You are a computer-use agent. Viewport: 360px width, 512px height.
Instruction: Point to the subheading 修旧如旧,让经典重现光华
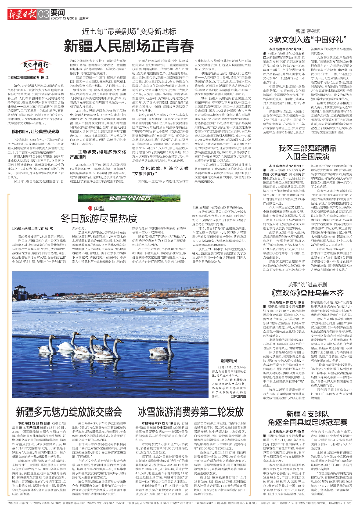tap(36, 131)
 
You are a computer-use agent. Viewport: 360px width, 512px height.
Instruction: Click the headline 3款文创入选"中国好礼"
tap(307, 39)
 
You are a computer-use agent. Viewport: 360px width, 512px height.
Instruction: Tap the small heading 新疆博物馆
tap(307, 31)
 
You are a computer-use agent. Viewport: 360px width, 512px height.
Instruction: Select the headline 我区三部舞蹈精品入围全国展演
tap(307, 152)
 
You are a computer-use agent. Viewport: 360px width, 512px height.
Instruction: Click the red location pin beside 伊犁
tap(90, 209)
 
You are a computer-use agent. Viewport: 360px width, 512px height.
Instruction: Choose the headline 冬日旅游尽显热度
tap(99, 218)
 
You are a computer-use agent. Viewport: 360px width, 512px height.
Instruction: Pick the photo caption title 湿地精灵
tap(229, 361)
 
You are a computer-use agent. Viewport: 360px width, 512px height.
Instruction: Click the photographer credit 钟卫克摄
tap(238, 396)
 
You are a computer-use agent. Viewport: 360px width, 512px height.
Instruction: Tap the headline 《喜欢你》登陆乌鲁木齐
tap(307, 293)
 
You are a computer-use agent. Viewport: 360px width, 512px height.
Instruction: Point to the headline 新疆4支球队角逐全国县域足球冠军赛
tap(307, 418)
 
